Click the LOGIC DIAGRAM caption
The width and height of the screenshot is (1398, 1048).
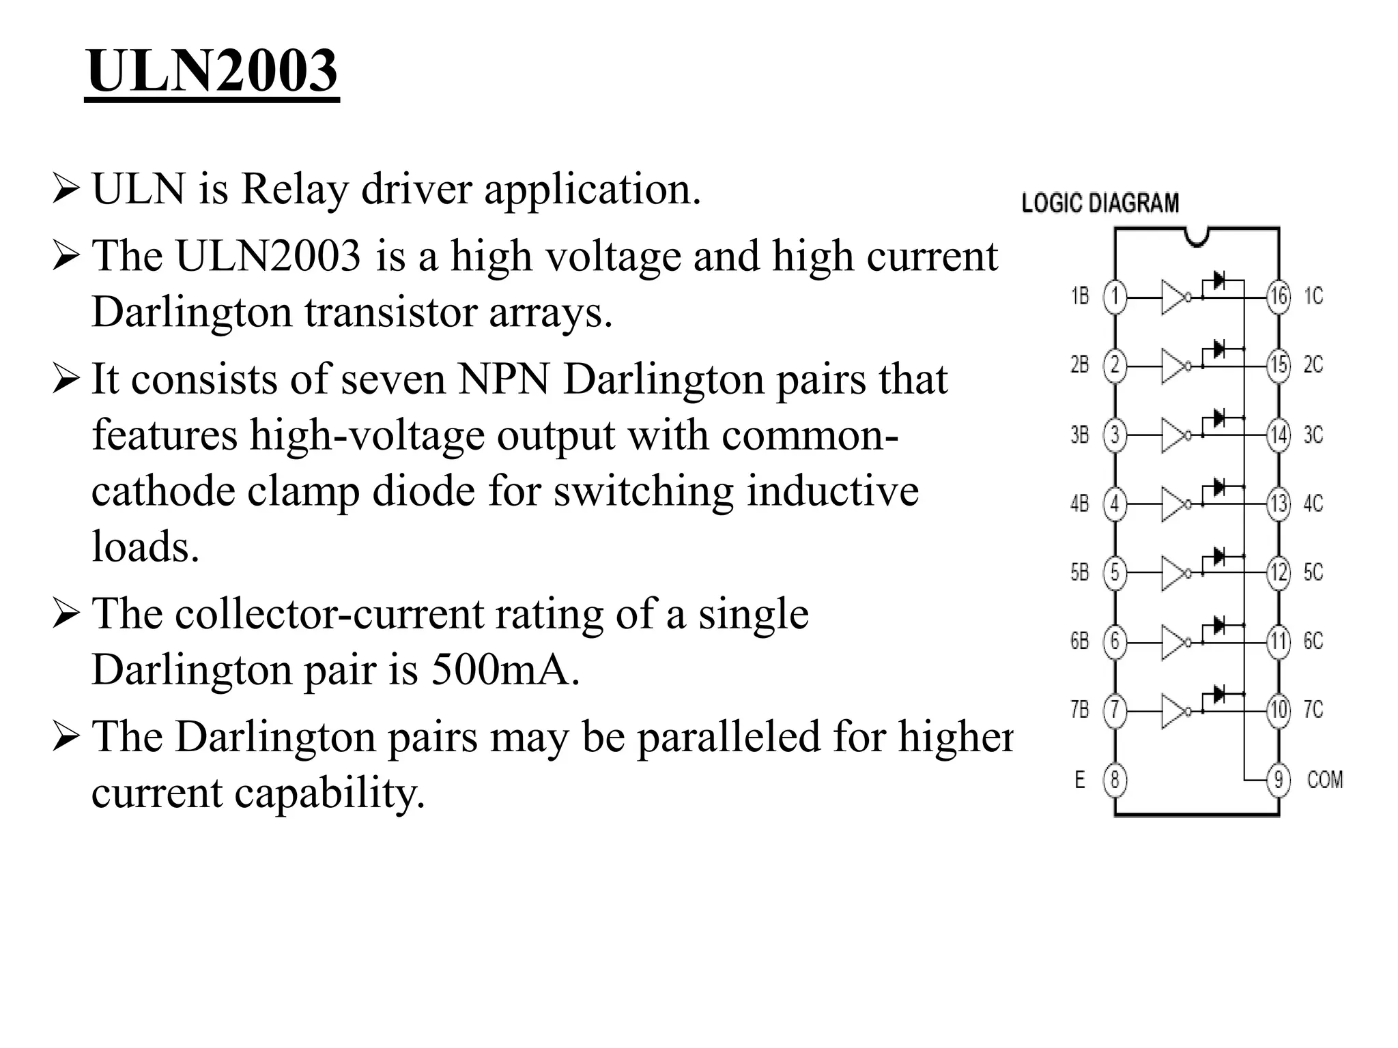point(1100,203)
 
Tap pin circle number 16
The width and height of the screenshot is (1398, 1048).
point(1279,297)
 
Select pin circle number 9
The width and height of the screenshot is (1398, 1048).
point(1279,779)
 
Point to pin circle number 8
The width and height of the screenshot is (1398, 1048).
point(1115,779)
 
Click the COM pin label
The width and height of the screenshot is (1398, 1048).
point(1324,779)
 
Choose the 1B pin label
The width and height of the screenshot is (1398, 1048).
point(1080,296)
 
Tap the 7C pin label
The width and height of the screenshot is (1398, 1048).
point(1313,710)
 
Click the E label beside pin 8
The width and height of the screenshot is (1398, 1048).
point(1079,779)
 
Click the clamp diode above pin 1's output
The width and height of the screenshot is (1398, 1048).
point(1218,280)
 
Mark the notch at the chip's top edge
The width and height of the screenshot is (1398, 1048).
point(1197,236)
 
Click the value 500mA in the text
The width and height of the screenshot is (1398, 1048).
point(504,669)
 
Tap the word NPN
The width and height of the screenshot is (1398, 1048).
point(504,379)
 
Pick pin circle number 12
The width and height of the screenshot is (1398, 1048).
point(1279,572)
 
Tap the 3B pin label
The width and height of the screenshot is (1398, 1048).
point(1080,435)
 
